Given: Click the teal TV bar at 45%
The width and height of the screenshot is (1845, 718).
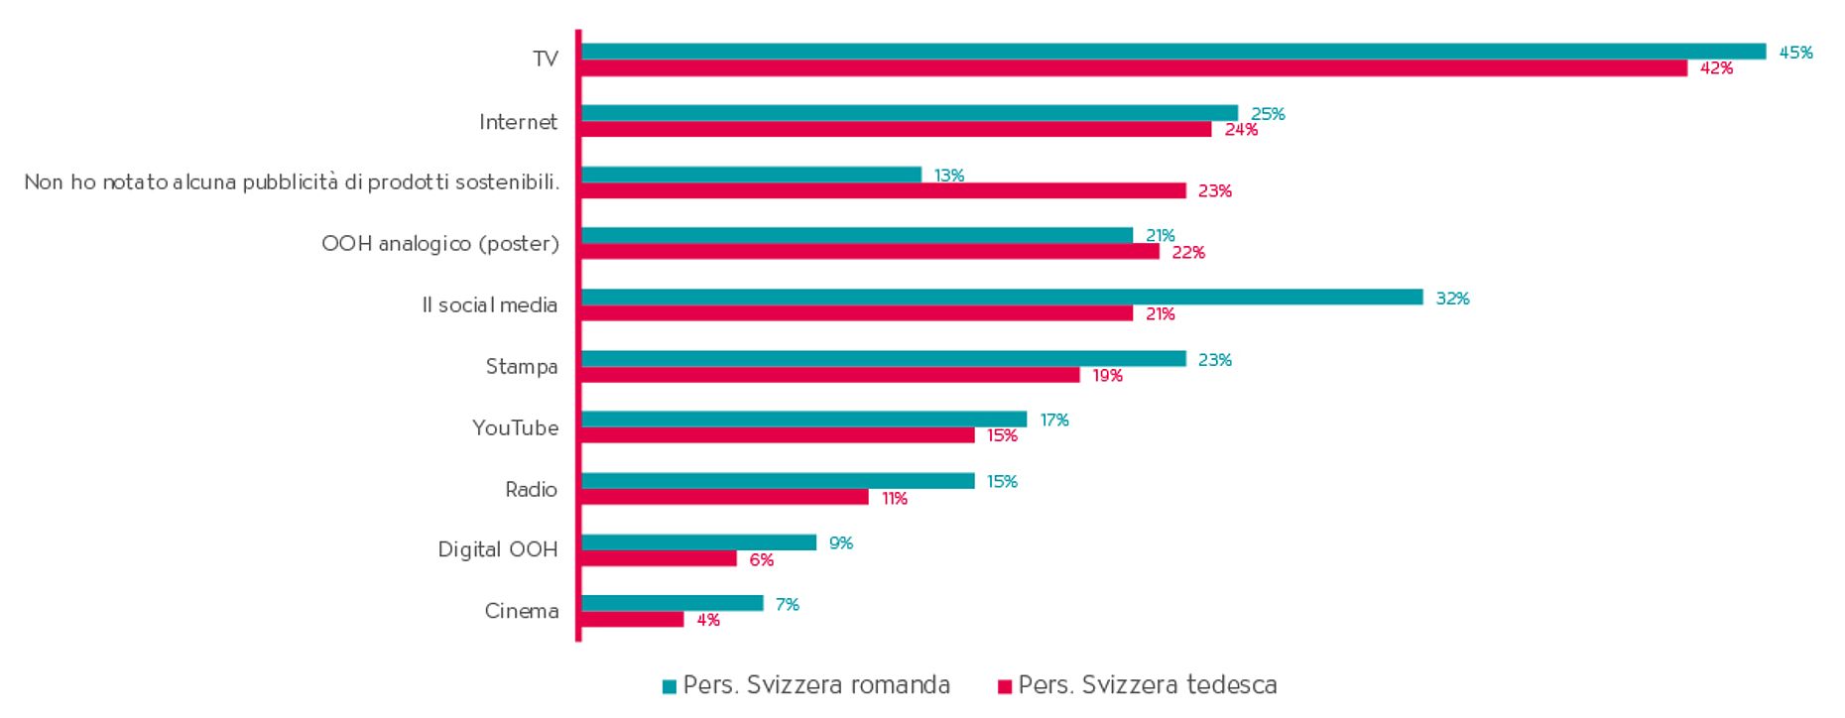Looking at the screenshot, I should click(x=1173, y=52).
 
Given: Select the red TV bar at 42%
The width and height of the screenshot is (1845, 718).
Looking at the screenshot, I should click(x=1134, y=68).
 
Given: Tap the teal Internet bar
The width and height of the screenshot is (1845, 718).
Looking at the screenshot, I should click(x=910, y=113).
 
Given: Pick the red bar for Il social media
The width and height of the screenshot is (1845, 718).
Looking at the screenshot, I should click(x=857, y=313).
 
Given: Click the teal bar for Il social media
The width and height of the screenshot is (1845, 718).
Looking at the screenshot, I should click(x=1002, y=298).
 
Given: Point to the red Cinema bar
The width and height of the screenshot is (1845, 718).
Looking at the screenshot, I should click(x=633, y=620).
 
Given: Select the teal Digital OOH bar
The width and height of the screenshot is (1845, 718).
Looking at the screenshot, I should click(x=698, y=542).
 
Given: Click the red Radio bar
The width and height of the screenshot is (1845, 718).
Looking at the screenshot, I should click(x=725, y=498).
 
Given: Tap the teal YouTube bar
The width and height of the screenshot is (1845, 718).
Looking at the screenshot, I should click(x=803, y=419).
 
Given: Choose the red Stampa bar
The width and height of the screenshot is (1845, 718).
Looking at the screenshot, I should click(x=830, y=375).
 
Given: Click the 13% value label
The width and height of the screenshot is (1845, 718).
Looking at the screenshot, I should click(x=949, y=176).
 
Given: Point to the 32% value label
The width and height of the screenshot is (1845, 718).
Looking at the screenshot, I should click(x=1452, y=299).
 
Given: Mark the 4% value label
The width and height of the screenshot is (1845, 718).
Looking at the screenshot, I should click(x=708, y=621).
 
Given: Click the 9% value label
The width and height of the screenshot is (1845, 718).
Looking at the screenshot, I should click(x=841, y=543).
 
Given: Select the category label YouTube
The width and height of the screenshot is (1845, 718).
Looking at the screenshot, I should click(x=515, y=427).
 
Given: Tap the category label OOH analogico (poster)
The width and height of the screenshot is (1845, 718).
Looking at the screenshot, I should click(x=440, y=244).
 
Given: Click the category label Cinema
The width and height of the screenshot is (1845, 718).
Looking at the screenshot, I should click(x=521, y=611).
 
